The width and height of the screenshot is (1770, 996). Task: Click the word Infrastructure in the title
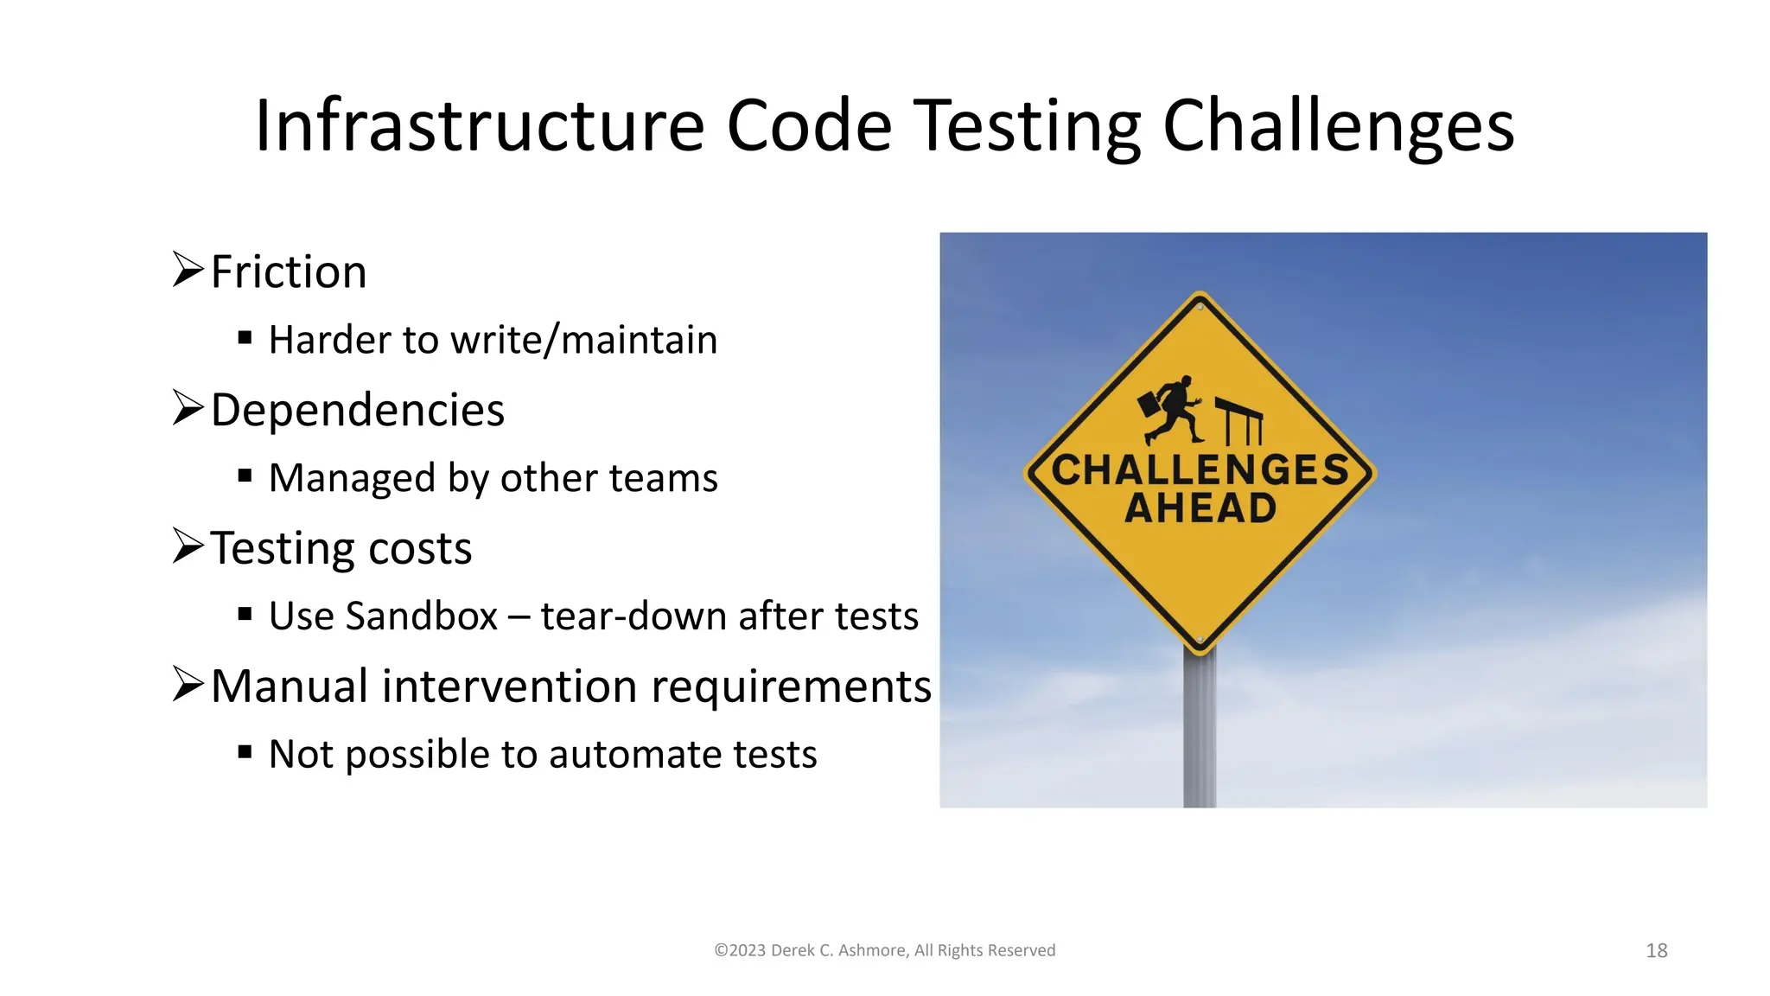pos(480,126)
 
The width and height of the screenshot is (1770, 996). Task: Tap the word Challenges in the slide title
pos(1338,126)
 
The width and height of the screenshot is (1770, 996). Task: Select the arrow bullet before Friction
pos(188,270)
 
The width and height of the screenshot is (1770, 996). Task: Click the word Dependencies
pos(357,410)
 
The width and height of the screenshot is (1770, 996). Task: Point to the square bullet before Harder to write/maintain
pos(245,338)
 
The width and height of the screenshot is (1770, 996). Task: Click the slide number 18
pos(1656,951)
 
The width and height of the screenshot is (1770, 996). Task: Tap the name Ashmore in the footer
pos(871,951)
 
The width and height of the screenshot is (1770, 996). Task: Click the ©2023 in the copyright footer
pos(740,951)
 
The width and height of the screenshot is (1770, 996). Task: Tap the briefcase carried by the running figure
pos(1149,404)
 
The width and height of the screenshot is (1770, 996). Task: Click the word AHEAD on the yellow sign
pos(1200,508)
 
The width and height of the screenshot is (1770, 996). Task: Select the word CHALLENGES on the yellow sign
pos(1200,470)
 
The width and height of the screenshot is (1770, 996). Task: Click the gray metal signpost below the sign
pos(1199,735)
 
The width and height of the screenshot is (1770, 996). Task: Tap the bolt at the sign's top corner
pos(1200,307)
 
